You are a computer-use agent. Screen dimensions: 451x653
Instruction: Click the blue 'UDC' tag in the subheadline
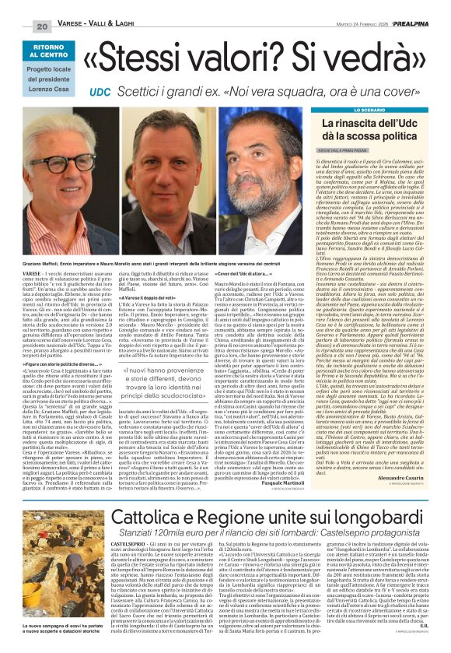(100, 91)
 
